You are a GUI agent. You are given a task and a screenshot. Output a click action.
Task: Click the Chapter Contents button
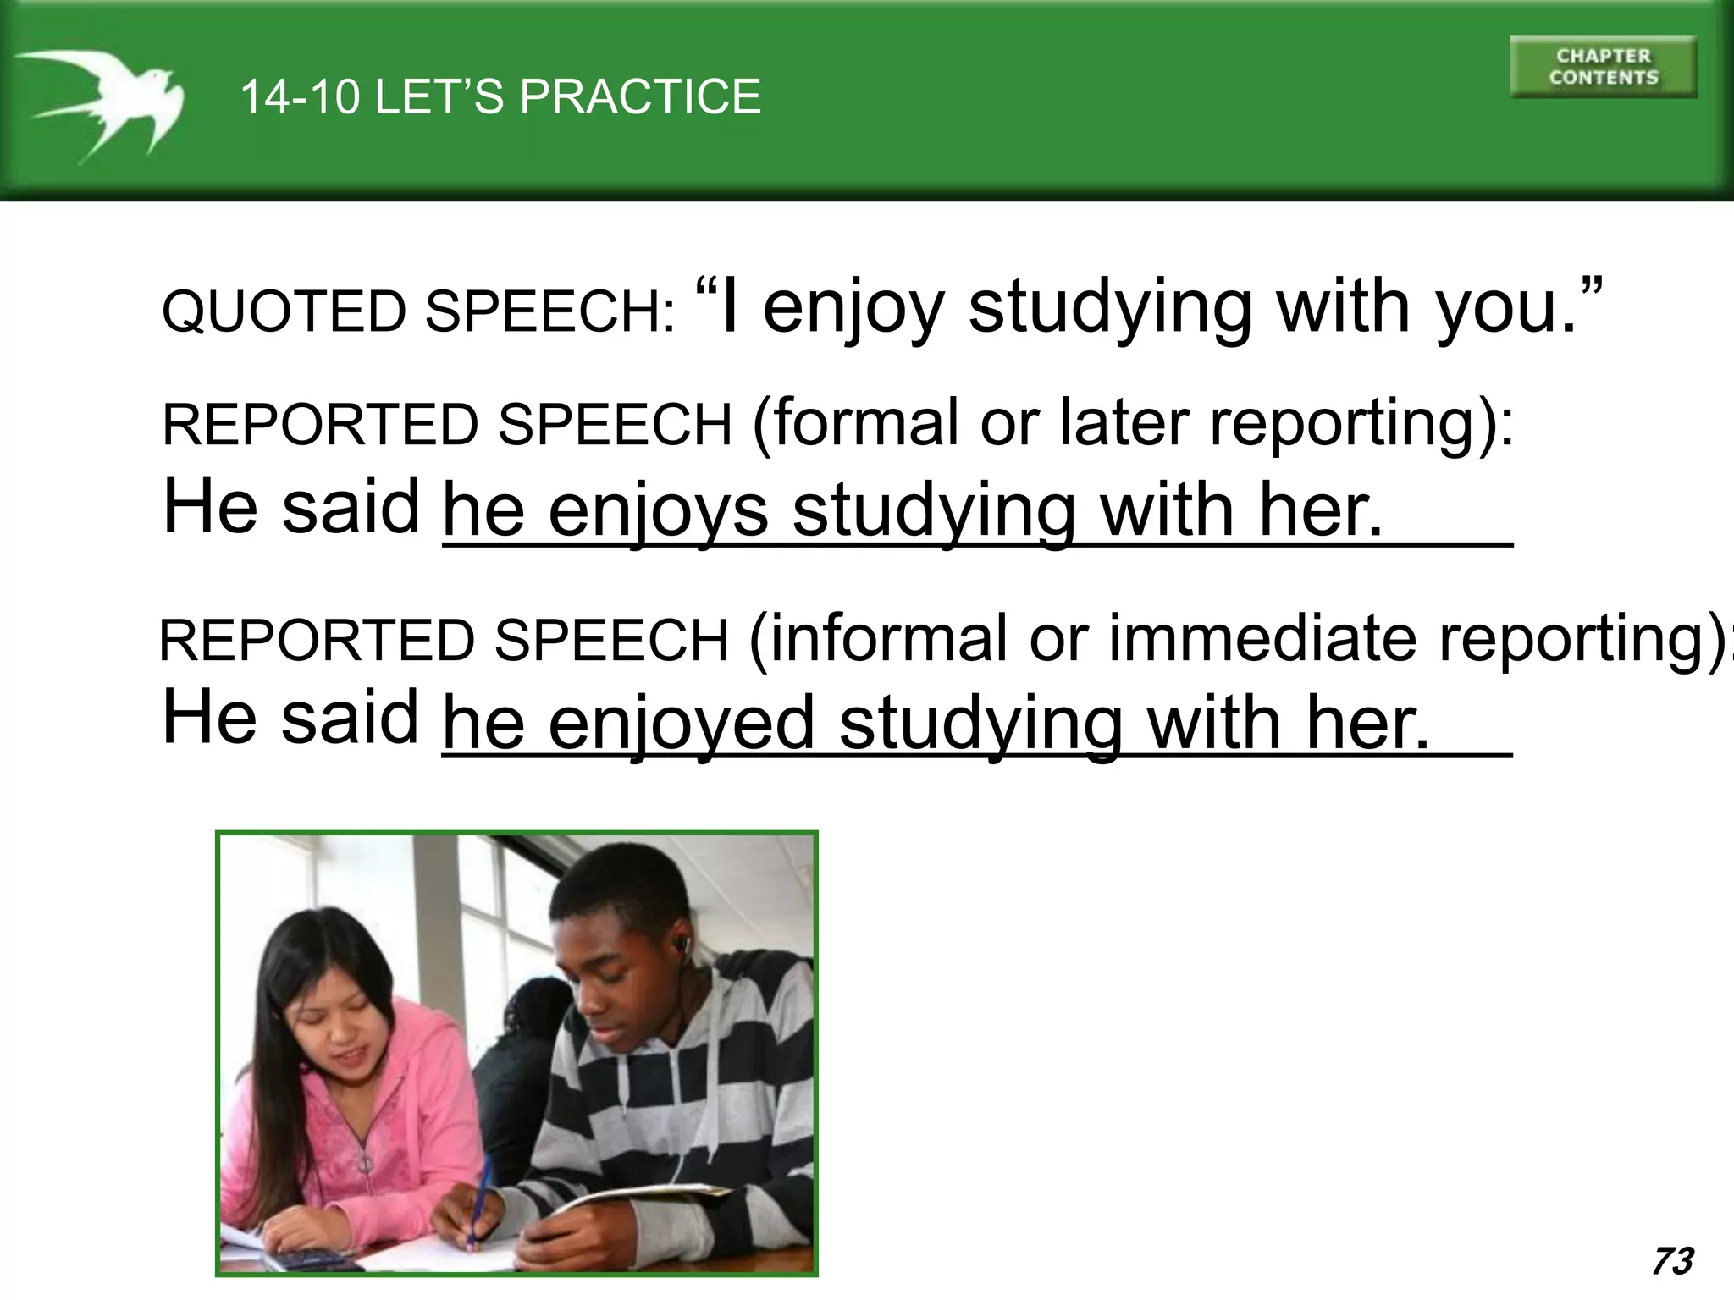1603,67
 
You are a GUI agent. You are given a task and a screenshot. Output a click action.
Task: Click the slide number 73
1672,1261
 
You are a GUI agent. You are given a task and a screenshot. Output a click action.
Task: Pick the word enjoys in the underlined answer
658,511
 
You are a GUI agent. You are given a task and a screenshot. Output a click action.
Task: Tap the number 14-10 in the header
299,96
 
